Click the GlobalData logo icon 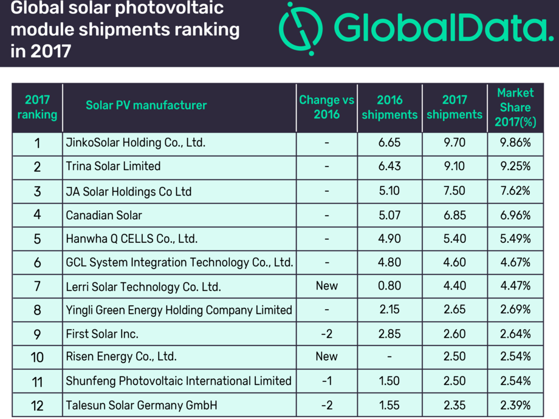point(301,29)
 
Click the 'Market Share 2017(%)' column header point(515,107)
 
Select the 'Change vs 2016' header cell point(327,107)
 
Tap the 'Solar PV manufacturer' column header point(146,105)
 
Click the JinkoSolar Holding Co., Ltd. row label point(135,143)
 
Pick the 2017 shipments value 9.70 point(454,143)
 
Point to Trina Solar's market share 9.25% point(515,166)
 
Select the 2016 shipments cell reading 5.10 point(389,191)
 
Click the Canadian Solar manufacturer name point(104,215)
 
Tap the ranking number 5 point(37,239)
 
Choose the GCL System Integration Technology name point(179,262)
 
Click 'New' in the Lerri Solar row point(327,285)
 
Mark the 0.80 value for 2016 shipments point(389,285)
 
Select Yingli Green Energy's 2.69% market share point(515,310)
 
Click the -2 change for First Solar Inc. point(327,333)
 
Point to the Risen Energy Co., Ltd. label point(121,356)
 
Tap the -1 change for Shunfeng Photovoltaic point(327,381)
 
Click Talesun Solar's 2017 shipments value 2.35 point(454,404)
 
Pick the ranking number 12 point(37,405)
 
